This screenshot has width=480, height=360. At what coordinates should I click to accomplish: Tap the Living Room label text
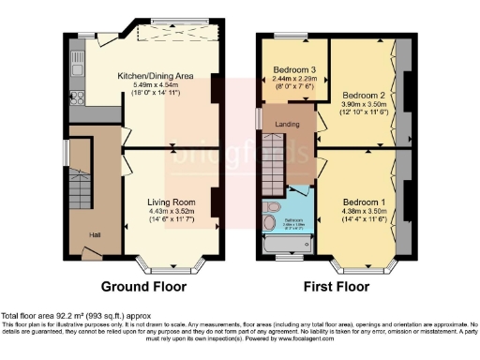pos(170,201)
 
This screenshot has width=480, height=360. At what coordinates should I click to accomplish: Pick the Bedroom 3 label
pos(292,70)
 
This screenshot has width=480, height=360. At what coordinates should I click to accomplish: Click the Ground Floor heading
pos(142,287)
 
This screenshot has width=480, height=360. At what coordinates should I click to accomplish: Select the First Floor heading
pos(333,287)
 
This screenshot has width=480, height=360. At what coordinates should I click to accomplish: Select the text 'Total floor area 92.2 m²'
pos(51,316)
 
